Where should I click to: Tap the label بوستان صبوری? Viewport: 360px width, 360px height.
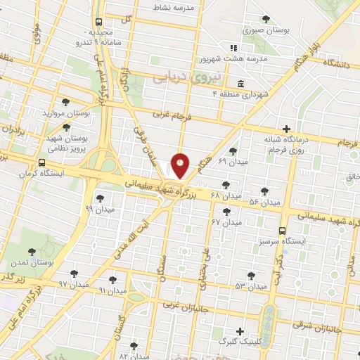(x=263, y=30)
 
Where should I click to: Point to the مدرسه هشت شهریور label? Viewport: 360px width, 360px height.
(x=254, y=60)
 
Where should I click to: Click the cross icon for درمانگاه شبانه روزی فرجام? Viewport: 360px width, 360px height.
(x=285, y=129)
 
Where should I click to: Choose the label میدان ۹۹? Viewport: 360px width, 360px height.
(x=98, y=209)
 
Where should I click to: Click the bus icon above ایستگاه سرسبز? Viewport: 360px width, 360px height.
(x=283, y=231)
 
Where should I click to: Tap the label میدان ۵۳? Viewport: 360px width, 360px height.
(x=251, y=286)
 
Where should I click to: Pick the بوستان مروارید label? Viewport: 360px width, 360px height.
(x=67, y=112)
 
